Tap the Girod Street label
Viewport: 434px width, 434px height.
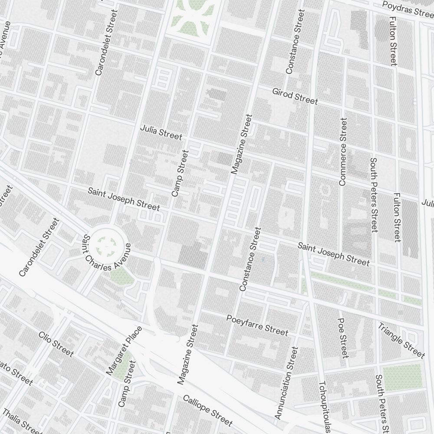pyautogui.click(x=295, y=96)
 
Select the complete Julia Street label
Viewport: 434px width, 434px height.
pyautogui.click(x=161, y=133)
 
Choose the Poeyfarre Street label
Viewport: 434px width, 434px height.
pyautogui.click(x=257, y=325)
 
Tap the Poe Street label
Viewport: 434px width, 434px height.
pyautogui.click(x=342, y=343)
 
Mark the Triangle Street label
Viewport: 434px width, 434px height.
pyautogui.click(x=401, y=340)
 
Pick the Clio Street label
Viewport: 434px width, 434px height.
pyautogui.click(x=56, y=344)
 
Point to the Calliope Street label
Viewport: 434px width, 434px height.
pyautogui.click(x=207, y=411)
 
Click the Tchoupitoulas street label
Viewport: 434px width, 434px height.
pyautogui.click(x=325, y=407)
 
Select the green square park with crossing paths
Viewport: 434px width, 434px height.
pyautogui.click(x=190, y=17)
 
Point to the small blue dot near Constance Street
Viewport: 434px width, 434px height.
pyautogui.click(x=263, y=260)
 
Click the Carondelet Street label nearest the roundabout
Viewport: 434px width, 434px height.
pyautogui.click(x=39, y=247)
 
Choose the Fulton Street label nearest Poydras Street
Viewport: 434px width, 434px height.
pyautogui.click(x=393, y=42)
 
